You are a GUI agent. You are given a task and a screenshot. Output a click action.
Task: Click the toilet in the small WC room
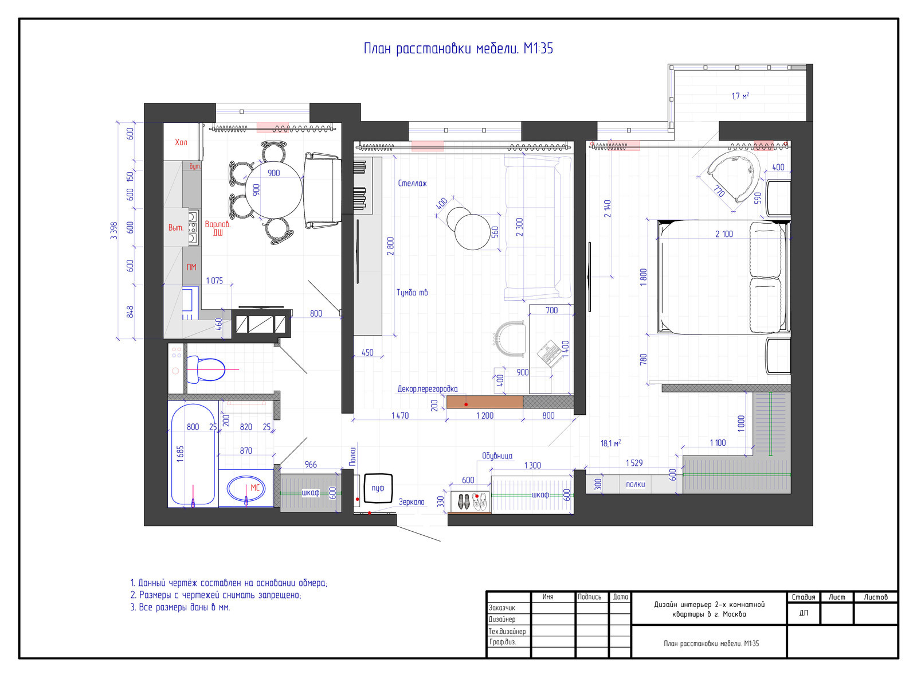(206, 369)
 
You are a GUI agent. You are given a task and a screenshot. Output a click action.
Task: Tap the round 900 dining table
(273, 190)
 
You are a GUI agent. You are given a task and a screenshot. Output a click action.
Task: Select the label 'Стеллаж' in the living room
(412, 183)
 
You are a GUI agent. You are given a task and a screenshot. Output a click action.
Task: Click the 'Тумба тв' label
(412, 293)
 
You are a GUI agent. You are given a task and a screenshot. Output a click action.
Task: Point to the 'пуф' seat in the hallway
(378, 488)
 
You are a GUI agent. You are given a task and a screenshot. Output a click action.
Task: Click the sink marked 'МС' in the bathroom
(246, 489)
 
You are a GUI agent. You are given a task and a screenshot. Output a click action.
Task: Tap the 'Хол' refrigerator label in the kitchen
(181, 142)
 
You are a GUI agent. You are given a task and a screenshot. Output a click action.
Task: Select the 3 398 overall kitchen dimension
(114, 231)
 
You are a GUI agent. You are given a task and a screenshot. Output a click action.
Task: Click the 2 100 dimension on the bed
(724, 234)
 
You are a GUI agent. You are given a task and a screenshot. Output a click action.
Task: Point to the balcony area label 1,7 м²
(740, 96)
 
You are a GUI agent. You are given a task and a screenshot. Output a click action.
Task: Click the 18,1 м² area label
(610, 443)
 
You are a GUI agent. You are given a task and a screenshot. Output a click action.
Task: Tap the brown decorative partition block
(484, 402)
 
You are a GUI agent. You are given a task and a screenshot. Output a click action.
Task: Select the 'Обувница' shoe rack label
(497, 456)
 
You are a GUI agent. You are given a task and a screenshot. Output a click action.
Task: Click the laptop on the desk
(550, 353)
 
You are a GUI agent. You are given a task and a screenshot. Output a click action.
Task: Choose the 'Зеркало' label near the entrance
(412, 502)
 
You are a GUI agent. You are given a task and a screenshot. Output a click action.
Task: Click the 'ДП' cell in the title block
(804, 613)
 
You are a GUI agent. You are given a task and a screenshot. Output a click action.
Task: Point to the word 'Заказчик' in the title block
(502, 608)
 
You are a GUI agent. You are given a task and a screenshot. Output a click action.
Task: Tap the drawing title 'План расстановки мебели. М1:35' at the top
(458, 48)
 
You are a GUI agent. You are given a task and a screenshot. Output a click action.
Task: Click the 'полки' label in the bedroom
(636, 484)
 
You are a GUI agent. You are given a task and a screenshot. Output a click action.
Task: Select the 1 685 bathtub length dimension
(181, 454)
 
